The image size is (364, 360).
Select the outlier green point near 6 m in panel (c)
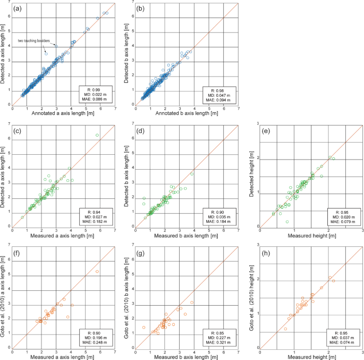(x=97, y=135)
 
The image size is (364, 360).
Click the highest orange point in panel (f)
(x=97, y=271)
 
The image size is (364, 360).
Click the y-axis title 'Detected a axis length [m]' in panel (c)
(x=5, y=175)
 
